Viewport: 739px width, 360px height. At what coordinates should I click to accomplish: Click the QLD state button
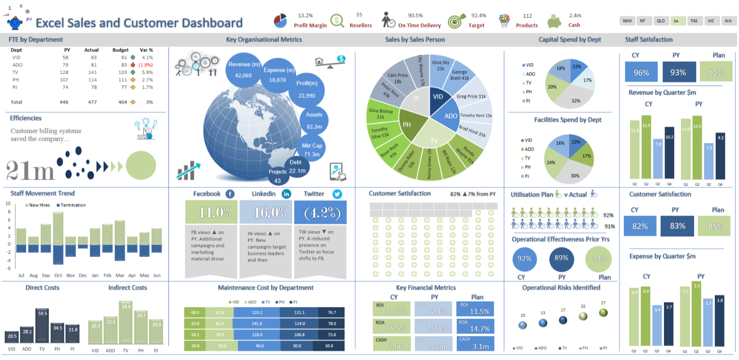pyautogui.click(x=660, y=21)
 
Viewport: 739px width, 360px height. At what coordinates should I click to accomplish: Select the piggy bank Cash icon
pyautogui.click(x=555, y=21)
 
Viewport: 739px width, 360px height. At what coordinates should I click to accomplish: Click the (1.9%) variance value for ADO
pyautogui.click(x=145, y=65)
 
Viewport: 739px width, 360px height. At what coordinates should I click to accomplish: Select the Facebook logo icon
pyautogui.click(x=230, y=194)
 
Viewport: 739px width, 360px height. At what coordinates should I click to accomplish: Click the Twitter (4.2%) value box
pyautogui.click(x=320, y=212)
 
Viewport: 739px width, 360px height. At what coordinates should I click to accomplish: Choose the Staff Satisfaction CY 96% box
pyautogui.click(x=641, y=73)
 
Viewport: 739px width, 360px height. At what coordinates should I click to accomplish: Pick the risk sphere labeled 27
pyautogui.click(x=603, y=313)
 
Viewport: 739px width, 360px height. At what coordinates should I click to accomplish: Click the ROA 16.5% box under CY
pyautogui.click(x=391, y=326)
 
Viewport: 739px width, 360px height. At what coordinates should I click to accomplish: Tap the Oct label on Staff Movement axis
pyautogui.click(x=58, y=275)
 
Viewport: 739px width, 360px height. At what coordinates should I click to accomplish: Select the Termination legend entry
pyautogui.click(x=71, y=205)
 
